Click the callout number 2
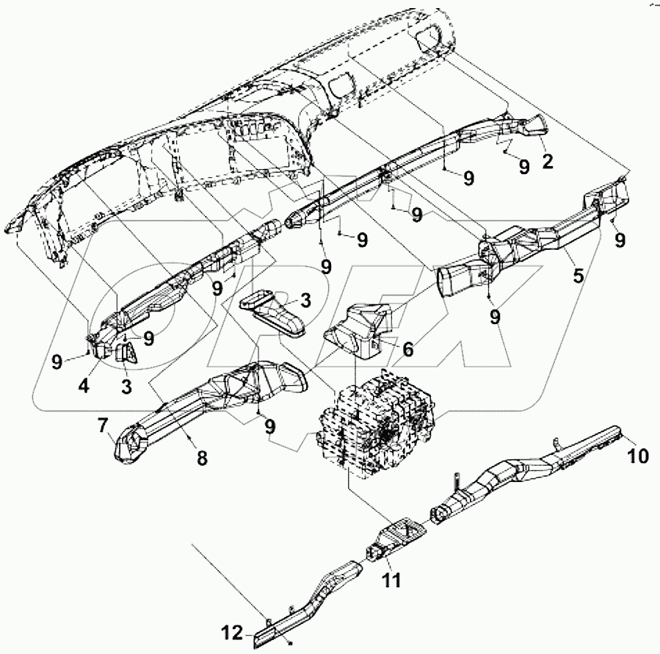pyautogui.click(x=547, y=162)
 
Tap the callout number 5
pyautogui.click(x=579, y=276)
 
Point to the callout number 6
pyautogui.click(x=407, y=352)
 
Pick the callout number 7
pyautogui.click(x=101, y=425)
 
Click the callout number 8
pyautogui.click(x=201, y=457)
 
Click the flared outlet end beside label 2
pyautogui.click(x=534, y=126)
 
